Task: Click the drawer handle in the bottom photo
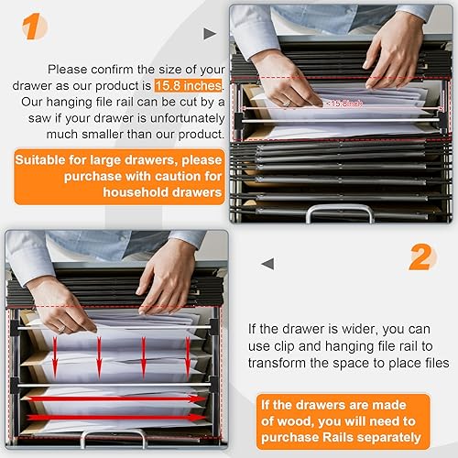[114, 438]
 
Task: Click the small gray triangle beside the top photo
[210, 34]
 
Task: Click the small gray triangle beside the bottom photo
[267, 264]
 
